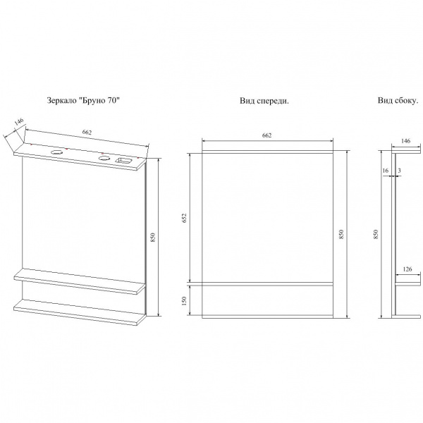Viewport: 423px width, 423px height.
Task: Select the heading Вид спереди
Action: pos(264,102)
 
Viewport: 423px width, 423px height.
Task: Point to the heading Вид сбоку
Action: pos(397,102)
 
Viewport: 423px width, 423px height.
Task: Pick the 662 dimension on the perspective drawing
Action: pos(87,131)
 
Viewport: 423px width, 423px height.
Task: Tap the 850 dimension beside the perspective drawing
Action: pos(153,239)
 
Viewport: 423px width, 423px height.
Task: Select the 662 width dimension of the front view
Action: pos(267,135)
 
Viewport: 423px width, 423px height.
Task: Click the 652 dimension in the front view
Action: pos(185,219)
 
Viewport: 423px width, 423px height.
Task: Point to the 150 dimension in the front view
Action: pos(185,301)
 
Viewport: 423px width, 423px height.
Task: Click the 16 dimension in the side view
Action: pos(386,170)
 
